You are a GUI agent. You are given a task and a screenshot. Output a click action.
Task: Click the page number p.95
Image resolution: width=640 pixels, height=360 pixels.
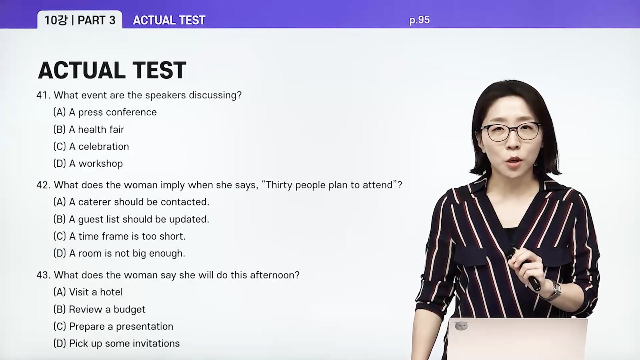tap(420, 20)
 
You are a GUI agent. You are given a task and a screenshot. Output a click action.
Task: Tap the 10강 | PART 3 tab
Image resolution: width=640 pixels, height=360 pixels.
tap(80, 20)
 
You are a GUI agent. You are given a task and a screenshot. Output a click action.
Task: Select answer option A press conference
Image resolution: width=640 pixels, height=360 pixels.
tap(105, 112)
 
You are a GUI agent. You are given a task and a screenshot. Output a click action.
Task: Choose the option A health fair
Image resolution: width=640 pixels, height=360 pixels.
tap(89, 130)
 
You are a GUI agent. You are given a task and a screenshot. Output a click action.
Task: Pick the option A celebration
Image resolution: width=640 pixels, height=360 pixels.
tap(91, 146)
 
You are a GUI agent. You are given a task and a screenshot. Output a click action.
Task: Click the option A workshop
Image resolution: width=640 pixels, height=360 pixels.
tap(88, 164)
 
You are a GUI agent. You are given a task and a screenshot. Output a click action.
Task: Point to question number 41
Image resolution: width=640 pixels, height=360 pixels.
tap(43, 95)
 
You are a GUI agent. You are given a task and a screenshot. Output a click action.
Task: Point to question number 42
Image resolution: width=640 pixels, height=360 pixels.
tap(43, 185)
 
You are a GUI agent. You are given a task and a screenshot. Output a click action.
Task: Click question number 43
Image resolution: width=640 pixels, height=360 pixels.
tap(43, 275)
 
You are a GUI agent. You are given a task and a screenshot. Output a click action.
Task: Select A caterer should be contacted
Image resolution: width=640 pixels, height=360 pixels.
tap(132, 202)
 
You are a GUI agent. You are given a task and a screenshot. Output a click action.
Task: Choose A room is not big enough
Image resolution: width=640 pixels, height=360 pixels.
tap(120, 254)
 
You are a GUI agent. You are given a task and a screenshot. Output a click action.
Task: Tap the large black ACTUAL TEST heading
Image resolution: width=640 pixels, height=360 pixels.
tap(112, 70)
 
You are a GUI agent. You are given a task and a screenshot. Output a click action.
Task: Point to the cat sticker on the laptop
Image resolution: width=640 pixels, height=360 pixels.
tap(461, 326)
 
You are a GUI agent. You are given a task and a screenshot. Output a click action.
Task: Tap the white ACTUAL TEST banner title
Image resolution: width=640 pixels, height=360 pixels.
tap(169, 20)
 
